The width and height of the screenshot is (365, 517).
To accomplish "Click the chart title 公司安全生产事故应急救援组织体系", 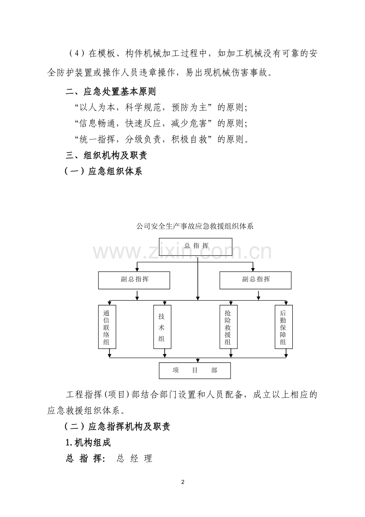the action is (x=195, y=226).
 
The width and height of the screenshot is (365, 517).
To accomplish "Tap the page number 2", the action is (x=183, y=482).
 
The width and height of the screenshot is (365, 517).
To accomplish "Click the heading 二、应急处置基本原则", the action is (x=110, y=92).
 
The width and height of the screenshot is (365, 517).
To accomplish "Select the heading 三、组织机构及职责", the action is (x=106, y=155).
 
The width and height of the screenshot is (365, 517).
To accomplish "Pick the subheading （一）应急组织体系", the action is (x=103, y=171).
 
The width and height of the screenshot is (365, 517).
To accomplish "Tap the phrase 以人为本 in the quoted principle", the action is (x=97, y=108).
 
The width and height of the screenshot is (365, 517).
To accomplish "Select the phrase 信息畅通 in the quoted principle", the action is (x=97, y=123).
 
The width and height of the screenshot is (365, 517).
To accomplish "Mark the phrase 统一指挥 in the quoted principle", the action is (x=97, y=139).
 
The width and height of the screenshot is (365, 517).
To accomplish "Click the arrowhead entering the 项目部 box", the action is (x=198, y=361).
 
